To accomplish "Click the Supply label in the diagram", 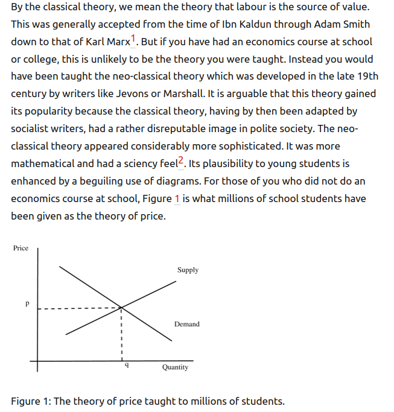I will (188, 270).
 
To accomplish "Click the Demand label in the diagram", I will (186, 325).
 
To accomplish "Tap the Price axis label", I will (21, 248).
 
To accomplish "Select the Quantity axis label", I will (175, 367).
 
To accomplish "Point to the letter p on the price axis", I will (27, 305).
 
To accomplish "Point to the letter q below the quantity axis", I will (126, 366).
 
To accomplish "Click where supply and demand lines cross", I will (121, 308).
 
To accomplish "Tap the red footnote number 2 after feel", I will (180, 159).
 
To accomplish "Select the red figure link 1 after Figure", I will (177, 198).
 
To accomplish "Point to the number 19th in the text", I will (366, 77).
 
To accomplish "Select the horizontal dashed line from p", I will (78, 309).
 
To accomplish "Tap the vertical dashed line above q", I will (121, 335).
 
